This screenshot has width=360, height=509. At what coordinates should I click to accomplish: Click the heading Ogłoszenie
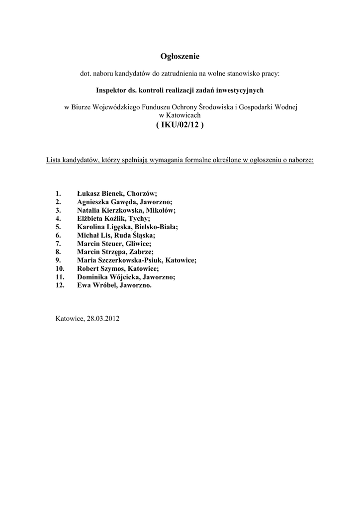point(180,57)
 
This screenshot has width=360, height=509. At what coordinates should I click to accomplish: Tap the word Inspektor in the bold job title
point(111,90)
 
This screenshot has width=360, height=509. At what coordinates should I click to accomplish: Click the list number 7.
point(58,244)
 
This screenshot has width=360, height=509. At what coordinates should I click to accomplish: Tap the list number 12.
point(60,285)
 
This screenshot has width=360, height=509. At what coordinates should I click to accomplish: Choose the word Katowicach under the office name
point(180,115)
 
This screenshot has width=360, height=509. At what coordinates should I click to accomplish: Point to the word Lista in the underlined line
point(55,161)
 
